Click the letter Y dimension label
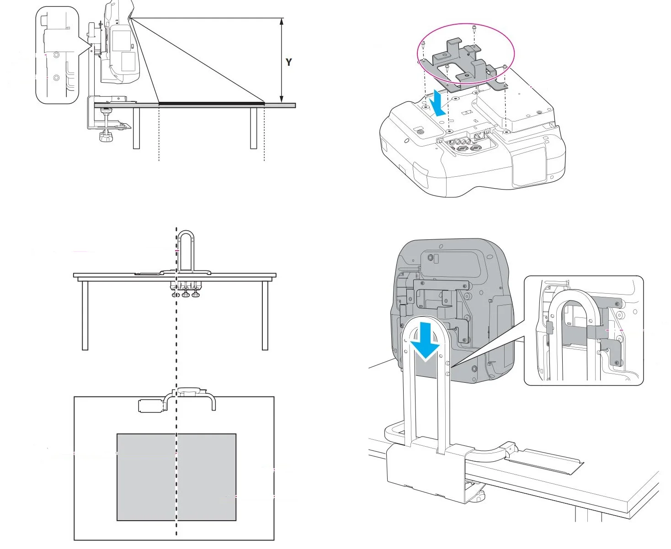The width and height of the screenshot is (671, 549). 288,62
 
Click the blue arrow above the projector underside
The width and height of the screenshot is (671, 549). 438,103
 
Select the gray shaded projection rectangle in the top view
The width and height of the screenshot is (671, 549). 176,477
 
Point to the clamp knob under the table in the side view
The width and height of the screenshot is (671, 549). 106,137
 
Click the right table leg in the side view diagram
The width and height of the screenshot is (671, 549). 253,128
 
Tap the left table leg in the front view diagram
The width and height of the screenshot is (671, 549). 85,315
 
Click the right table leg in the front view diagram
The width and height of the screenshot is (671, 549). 265,315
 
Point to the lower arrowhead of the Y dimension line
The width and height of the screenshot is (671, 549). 281,99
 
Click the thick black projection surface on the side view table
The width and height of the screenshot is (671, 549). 212,104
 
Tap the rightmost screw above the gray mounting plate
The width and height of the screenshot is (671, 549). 505,67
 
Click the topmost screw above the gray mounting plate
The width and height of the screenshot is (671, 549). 474,28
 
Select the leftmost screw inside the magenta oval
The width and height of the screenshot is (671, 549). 423,45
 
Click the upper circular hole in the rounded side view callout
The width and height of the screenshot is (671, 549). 56,55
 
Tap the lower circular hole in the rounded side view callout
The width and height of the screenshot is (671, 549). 56,77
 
